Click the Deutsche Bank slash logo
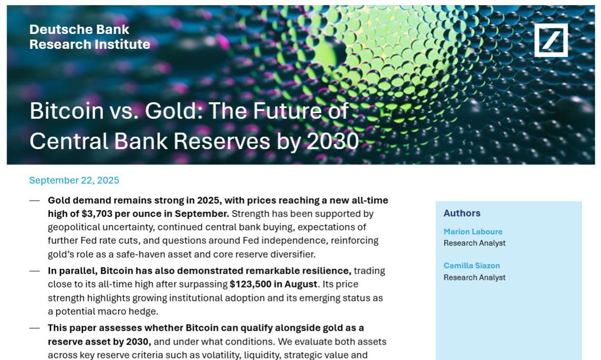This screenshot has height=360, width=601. (551, 40)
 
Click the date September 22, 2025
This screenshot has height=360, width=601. (74, 181)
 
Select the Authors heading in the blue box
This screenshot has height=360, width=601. (462, 213)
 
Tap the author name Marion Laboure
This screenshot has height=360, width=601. (473, 232)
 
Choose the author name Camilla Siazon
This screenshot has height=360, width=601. (472, 265)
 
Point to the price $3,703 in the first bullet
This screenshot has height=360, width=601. (97, 214)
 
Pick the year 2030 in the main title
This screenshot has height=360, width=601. (333, 141)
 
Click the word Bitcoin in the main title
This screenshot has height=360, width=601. (67, 111)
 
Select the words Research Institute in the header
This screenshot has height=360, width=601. (90, 44)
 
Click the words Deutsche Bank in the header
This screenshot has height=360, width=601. (79, 29)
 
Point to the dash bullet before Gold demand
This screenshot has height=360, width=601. (34, 200)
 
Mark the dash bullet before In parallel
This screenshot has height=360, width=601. (34, 271)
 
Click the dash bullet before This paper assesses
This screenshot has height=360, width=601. (34, 328)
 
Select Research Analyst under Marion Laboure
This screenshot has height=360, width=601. (474, 243)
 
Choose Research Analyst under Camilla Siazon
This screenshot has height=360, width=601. (474, 277)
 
